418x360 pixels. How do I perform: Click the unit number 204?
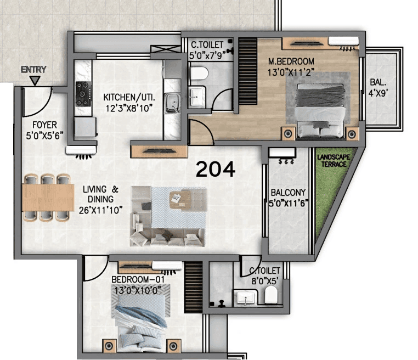coord(216,170)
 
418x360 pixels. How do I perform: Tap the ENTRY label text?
coord(33,70)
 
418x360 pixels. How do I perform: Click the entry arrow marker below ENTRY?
coord(34,81)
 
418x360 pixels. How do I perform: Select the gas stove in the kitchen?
coord(83,94)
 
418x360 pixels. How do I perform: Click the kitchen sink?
coord(172,102)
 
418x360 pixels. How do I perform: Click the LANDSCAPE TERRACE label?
coord(332,161)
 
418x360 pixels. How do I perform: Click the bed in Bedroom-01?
coord(141,327)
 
